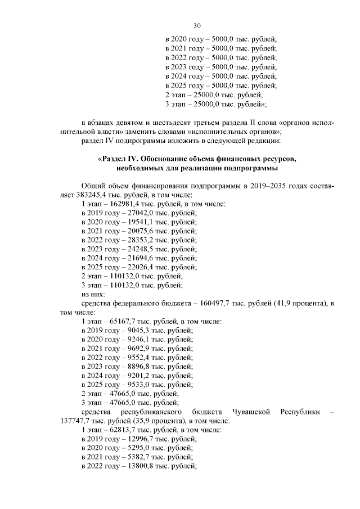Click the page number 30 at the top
(197, 25)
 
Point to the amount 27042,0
(133, 213)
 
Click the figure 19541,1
(133, 223)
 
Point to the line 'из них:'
(93, 294)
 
